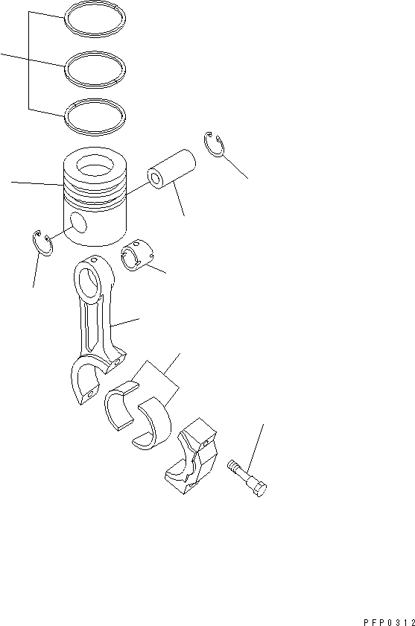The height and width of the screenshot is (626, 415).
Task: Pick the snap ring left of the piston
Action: click(42, 244)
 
